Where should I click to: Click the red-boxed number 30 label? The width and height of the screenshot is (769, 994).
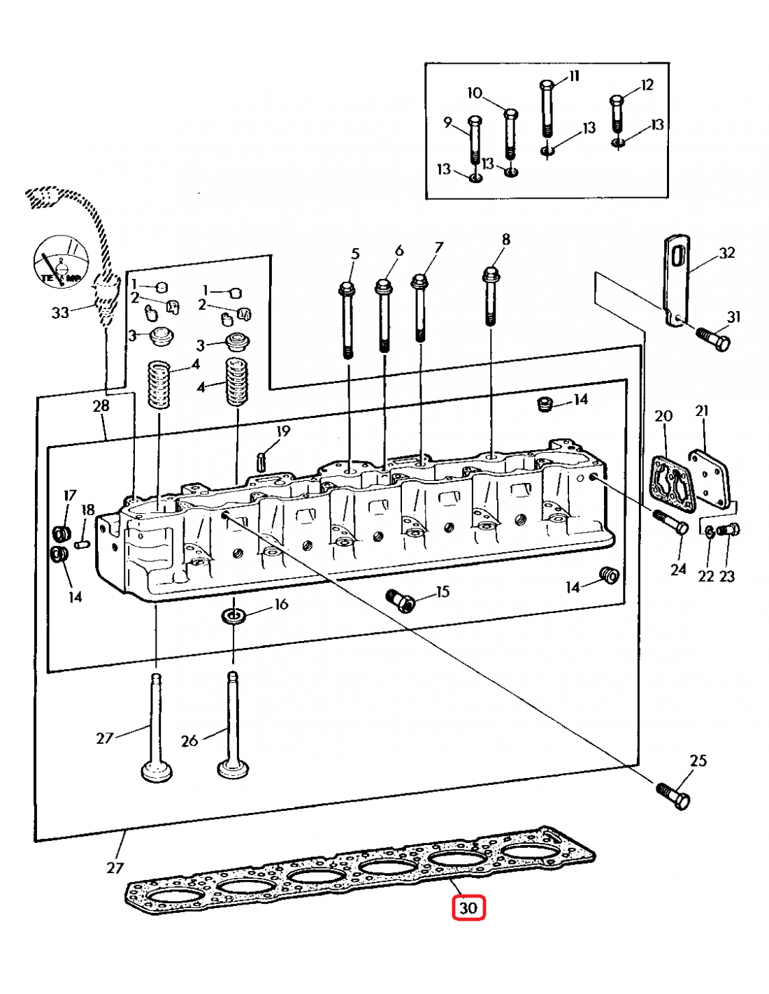point(468,908)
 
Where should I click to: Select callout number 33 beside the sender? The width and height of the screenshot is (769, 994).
point(60,312)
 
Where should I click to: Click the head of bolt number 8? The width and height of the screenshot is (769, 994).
point(491,273)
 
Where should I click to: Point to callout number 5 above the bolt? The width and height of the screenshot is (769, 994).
point(355,254)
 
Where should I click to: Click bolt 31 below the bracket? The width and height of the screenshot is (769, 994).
point(714,340)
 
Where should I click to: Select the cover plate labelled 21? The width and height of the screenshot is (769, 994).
point(709,478)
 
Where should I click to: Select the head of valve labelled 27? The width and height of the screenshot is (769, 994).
point(157,772)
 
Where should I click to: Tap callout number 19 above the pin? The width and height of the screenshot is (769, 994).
point(283,431)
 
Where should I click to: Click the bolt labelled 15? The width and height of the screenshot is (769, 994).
point(400,600)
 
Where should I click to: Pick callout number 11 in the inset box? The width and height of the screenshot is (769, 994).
point(574,75)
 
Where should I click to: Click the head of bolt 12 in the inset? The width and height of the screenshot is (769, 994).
point(617,101)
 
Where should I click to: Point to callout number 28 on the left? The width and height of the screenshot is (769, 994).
point(101,405)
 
